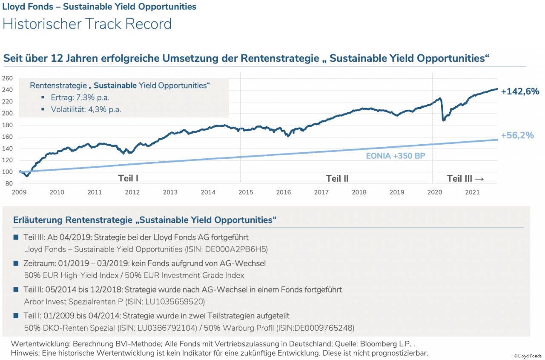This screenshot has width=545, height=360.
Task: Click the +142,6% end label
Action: (520, 91)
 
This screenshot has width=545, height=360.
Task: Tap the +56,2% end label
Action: (517, 136)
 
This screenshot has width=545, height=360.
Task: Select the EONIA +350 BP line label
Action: (396, 156)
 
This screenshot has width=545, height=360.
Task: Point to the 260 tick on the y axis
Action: (8, 78)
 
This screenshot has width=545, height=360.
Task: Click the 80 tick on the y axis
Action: (9, 184)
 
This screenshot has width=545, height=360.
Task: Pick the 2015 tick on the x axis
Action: (246, 192)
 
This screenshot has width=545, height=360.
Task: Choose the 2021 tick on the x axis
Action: (472, 192)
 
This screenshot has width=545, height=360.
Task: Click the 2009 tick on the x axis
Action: (20, 192)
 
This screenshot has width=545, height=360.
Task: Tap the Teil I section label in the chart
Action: (128, 178)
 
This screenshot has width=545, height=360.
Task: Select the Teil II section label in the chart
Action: (337, 178)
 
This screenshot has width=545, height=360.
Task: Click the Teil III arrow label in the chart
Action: (465, 178)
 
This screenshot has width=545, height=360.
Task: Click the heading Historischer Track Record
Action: (87, 24)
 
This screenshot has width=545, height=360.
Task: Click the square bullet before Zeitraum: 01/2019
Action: (16, 263)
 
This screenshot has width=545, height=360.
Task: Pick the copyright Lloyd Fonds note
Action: (528, 356)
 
